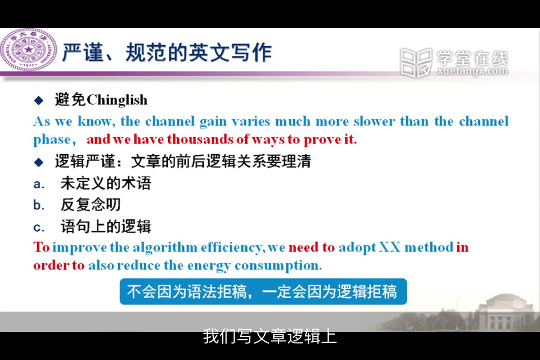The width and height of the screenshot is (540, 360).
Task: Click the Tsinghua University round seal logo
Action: point(29,50)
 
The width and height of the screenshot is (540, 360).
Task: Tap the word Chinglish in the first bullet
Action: point(117,100)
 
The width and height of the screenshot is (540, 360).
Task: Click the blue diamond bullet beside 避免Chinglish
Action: point(39,101)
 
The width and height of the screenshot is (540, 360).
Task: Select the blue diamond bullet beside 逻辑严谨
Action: point(39,162)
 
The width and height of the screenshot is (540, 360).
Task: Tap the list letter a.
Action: point(39,184)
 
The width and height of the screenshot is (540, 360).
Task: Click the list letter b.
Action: point(39,205)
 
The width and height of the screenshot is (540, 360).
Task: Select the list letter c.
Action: point(39,227)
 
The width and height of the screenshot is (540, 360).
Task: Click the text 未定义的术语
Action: point(106,183)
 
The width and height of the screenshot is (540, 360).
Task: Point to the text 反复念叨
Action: point(91,205)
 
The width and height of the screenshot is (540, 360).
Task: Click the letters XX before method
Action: point(389,247)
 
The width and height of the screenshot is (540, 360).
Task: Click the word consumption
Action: point(278,266)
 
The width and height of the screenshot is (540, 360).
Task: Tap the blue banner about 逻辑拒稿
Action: point(263,292)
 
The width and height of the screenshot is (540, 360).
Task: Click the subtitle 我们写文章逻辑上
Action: point(269,336)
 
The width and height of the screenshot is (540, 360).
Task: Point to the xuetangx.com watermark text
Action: point(472,71)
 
